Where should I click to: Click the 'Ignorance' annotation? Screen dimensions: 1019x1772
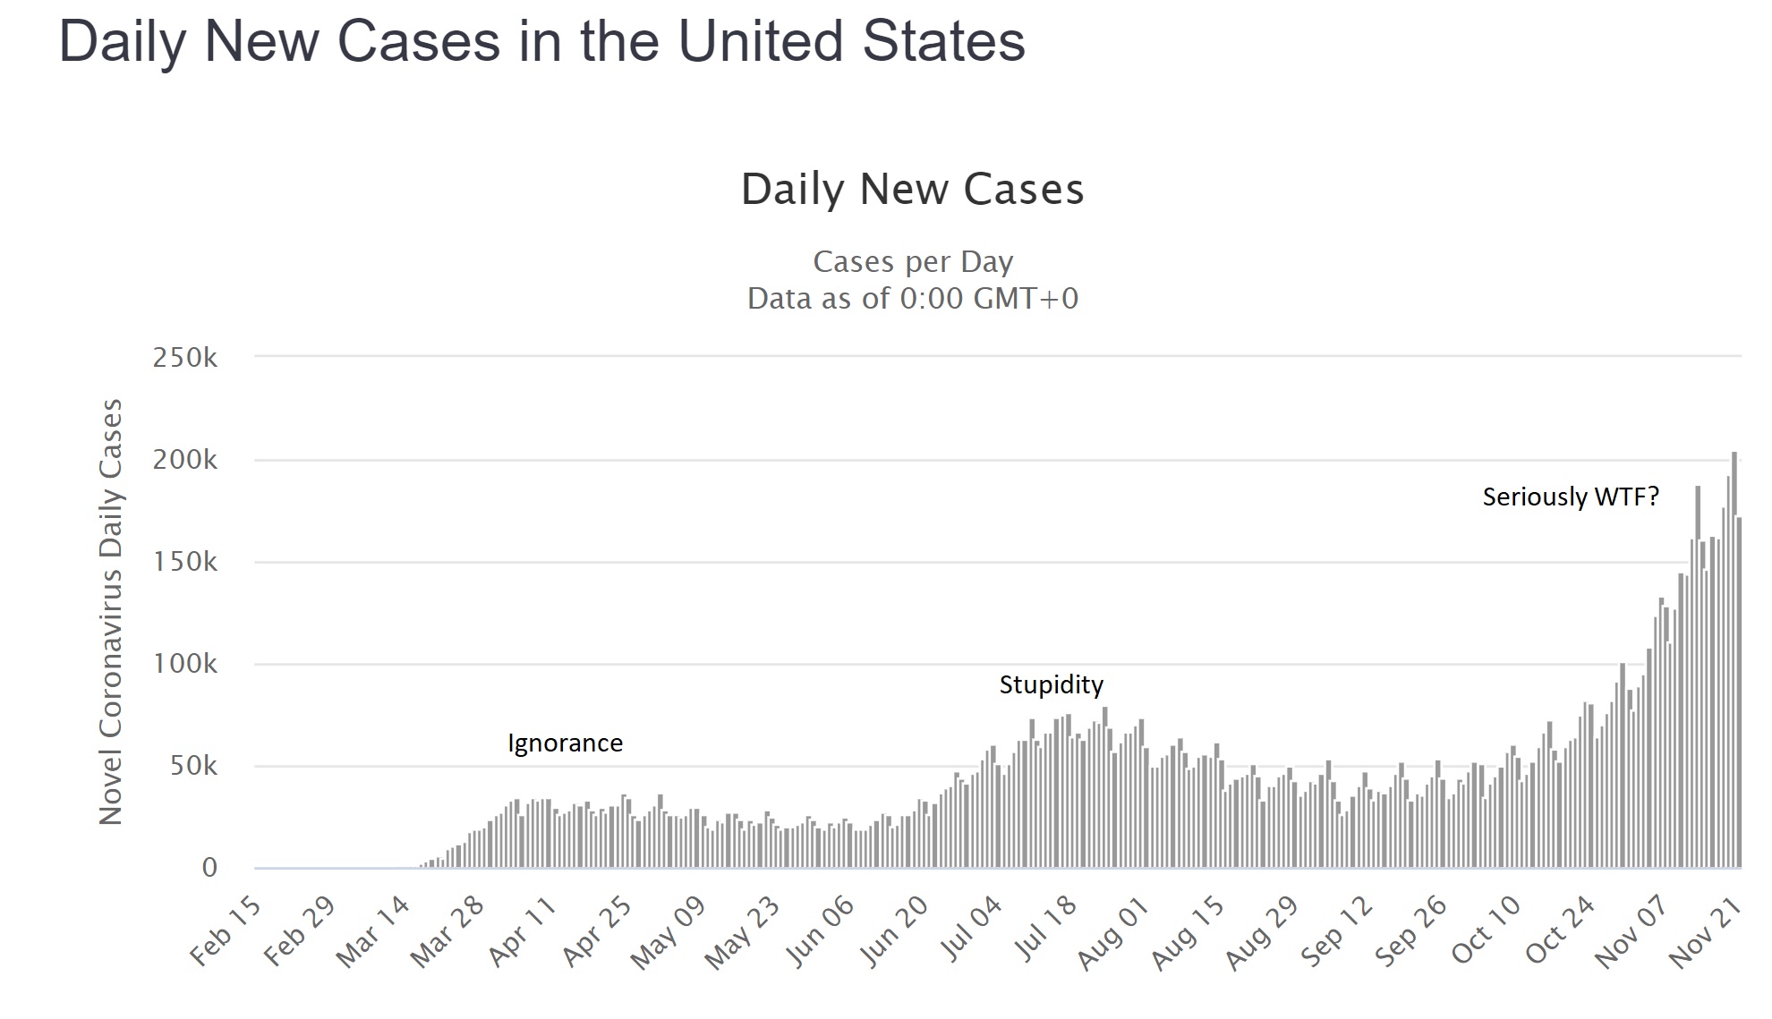(x=565, y=743)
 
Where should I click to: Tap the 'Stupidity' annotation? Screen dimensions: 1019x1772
(x=1051, y=685)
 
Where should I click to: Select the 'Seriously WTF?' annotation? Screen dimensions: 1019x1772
(x=1571, y=497)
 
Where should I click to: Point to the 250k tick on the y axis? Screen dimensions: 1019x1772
(x=185, y=358)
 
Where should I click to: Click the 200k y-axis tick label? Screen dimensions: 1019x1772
(x=185, y=460)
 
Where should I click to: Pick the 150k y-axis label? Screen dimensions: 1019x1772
(x=185, y=562)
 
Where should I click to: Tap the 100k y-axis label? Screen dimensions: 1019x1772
(x=185, y=664)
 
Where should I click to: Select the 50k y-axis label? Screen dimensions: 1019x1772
(x=193, y=766)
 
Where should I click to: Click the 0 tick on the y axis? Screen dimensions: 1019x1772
(x=209, y=868)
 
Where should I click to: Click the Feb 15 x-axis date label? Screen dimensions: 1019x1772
(x=226, y=931)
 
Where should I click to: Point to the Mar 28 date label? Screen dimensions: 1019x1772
(x=447, y=931)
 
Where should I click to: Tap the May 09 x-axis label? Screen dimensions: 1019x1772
(x=668, y=933)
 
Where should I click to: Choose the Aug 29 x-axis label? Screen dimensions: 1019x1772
(x=1263, y=933)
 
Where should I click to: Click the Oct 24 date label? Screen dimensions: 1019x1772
(x=1561, y=931)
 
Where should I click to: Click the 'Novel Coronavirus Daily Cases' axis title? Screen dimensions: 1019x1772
(x=111, y=612)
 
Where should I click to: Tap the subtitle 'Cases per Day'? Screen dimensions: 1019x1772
(x=913, y=262)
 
